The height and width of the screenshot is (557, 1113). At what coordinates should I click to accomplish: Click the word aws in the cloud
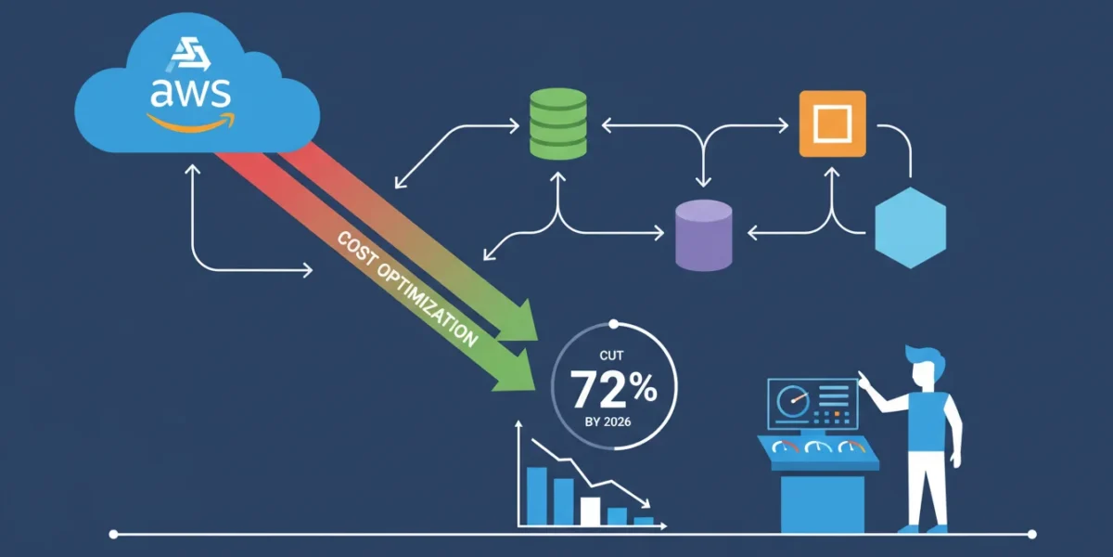coord(190,94)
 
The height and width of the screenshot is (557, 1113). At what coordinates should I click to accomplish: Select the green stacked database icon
coord(558,123)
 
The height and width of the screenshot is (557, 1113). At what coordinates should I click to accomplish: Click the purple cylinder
coord(704,235)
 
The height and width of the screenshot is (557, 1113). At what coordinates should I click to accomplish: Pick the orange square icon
coord(833,123)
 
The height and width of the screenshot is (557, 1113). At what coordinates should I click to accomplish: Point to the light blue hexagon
coord(910,227)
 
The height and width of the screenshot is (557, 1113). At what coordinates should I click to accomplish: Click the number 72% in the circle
coord(613,388)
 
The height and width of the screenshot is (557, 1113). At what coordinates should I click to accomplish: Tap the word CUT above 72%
coord(611,356)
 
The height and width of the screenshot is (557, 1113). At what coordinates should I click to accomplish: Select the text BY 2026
coord(608,421)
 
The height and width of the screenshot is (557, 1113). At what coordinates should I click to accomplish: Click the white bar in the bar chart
coord(590,511)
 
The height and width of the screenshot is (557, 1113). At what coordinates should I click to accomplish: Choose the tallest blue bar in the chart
coord(537,496)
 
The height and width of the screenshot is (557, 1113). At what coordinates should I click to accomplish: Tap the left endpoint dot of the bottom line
coord(113,535)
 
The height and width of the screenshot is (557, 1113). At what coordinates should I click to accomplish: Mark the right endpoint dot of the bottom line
coord(1032,535)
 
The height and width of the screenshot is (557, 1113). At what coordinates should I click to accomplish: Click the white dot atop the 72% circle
coord(614,324)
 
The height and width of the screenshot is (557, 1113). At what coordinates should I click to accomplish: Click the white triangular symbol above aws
coord(191,54)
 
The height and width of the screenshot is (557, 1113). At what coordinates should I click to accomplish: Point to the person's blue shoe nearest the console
coord(910,529)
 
